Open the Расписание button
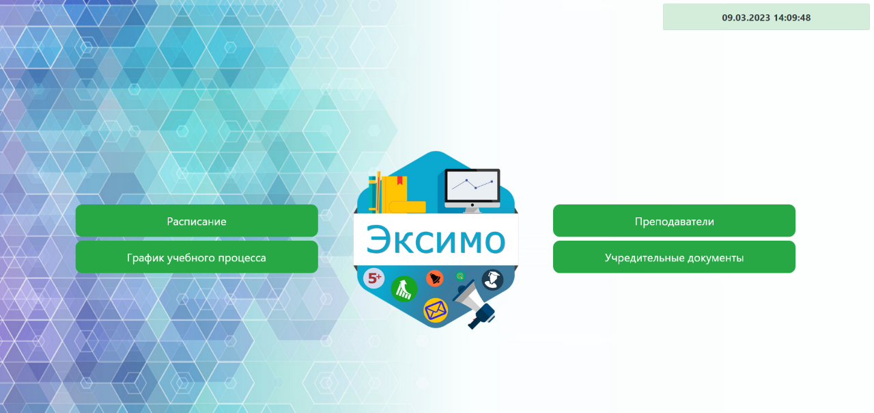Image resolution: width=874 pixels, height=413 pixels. pyautogui.click(x=197, y=220)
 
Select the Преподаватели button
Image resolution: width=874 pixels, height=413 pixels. pyautogui.click(x=674, y=220)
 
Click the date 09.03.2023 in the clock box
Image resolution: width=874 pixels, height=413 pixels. pyautogui.click(x=746, y=18)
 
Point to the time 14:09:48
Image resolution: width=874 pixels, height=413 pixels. pyautogui.click(x=791, y=18)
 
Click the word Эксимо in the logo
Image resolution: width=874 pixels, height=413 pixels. pyautogui.click(x=436, y=239)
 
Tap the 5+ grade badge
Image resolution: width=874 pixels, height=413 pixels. pyautogui.click(x=373, y=278)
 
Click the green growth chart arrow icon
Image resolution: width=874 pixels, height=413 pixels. pyautogui.click(x=404, y=289)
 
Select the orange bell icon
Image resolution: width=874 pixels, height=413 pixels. pyautogui.click(x=435, y=278)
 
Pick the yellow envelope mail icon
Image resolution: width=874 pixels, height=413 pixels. pyautogui.click(x=436, y=310)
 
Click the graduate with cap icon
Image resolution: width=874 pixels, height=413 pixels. pyautogui.click(x=492, y=280)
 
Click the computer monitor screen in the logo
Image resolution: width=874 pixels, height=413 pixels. pyautogui.click(x=472, y=185)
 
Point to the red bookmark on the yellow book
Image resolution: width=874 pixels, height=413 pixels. pyautogui.click(x=399, y=181)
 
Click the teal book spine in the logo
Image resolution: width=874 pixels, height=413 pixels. pyautogui.click(x=372, y=194)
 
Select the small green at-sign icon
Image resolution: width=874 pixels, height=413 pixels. pyautogui.click(x=460, y=276)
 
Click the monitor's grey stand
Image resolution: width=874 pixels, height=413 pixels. pyautogui.click(x=472, y=210)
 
